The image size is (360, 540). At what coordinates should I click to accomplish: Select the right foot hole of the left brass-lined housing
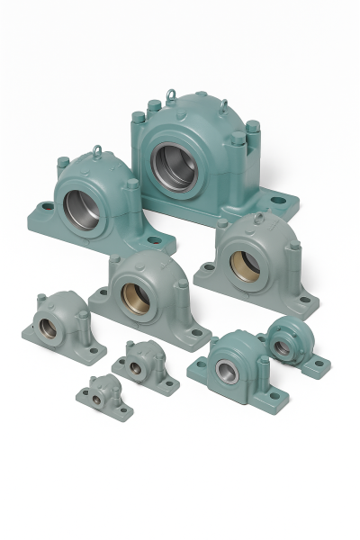(x=195, y=333)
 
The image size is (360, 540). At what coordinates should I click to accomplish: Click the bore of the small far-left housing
(x=49, y=328)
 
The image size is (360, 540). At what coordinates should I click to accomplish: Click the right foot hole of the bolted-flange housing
(x=317, y=364)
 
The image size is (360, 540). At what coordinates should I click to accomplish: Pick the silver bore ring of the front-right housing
(x=224, y=367)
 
